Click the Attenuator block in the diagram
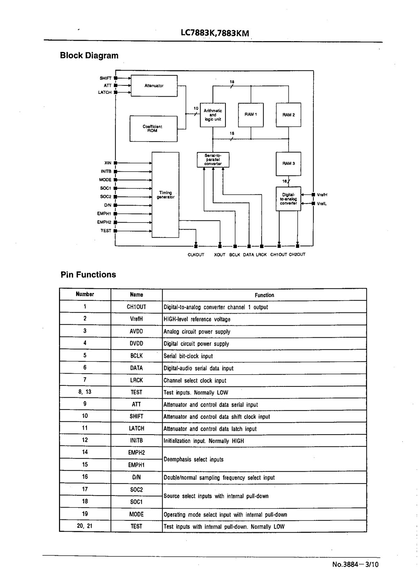[x=154, y=86]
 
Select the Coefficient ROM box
[x=154, y=129]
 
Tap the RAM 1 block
[x=251, y=115]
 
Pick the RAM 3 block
[x=289, y=164]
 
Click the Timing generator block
[x=165, y=195]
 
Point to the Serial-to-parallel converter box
[x=213, y=160]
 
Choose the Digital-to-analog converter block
[x=289, y=199]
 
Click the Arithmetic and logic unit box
[x=213, y=115]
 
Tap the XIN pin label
[x=108, y=163]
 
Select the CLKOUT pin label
[x=196, y=255]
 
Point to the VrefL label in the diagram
[x=322, y=204]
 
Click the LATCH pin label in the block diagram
[x=105, y=92]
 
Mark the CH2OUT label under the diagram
[x=297, y=255]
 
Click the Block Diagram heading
[x=89, y=55]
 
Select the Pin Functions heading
[x=88, y=275]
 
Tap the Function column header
[x=264, y=295]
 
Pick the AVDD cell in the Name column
[x=136, y=331]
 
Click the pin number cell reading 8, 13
[x=85, y=392]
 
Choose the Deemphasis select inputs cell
[x=193, y=460]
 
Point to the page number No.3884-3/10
[x=355, y=564]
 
